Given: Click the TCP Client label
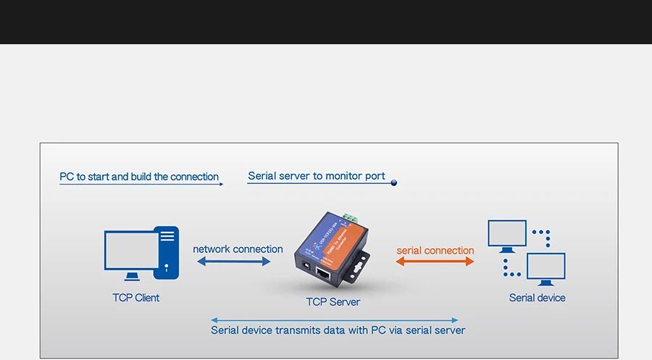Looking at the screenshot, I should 135,298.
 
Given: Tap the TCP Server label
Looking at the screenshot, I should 333,302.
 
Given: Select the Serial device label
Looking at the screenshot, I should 537,298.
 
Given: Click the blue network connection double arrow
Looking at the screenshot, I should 233,261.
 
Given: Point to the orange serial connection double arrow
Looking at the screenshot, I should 435,261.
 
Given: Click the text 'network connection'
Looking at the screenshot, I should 238,249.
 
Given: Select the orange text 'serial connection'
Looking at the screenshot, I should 435,251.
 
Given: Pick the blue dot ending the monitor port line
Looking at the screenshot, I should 394,183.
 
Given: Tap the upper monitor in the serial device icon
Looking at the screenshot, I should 507,233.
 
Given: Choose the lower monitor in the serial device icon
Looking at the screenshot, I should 546,267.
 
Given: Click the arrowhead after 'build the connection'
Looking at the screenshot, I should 220,184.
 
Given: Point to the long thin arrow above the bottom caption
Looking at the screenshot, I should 334,319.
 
